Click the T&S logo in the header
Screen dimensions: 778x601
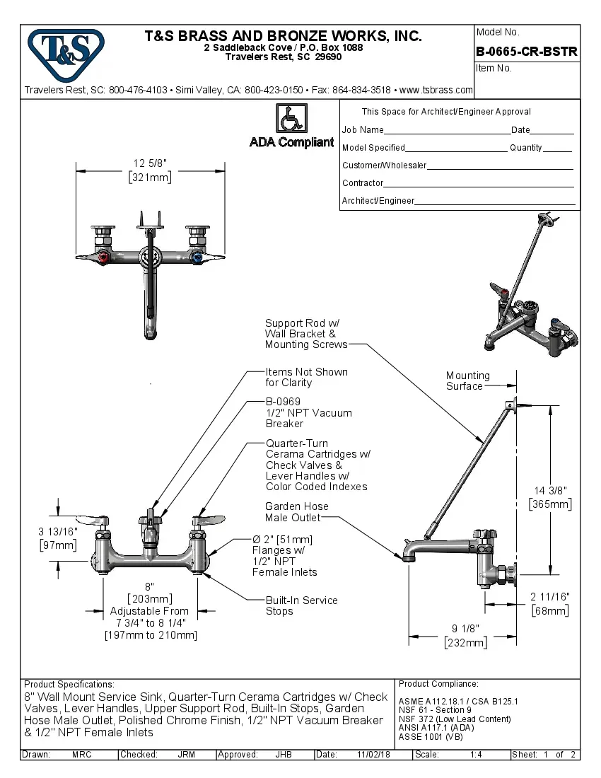click(66, 52)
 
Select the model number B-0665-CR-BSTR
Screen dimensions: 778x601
click(526, 52)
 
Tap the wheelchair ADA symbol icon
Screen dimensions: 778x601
click(291, 118)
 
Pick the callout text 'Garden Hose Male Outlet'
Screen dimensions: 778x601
click(296, 512)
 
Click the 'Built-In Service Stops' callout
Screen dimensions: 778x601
click(301, 605)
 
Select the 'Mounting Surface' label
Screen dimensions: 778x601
click(467, 381)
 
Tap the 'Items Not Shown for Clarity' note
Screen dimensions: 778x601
click(306, 377)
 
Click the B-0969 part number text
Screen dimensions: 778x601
click(283, 402)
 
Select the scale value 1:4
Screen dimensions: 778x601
click(476, 755)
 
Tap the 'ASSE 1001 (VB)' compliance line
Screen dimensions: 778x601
click(431, 736)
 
